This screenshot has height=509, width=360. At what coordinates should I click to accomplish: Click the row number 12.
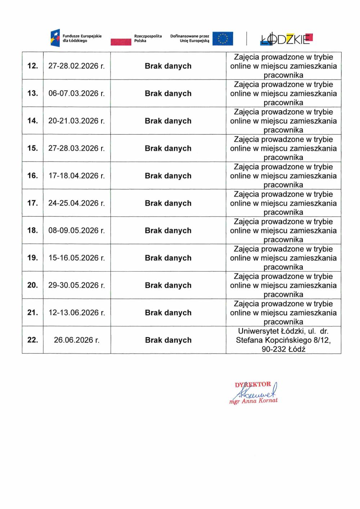(32, 66)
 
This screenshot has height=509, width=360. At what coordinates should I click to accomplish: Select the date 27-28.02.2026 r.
(76, 66)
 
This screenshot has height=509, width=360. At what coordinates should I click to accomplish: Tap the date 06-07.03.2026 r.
(76, 94)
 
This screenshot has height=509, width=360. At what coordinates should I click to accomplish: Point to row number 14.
(32, 121)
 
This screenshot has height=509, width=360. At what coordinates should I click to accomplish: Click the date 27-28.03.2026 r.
(76, 148)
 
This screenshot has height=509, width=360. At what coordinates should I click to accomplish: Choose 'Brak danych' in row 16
(168, 176)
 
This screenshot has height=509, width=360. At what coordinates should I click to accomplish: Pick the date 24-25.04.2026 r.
(76, 203)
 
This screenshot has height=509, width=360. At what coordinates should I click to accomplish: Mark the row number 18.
(32, 231)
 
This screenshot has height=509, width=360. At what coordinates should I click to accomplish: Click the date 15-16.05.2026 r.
(76, 258)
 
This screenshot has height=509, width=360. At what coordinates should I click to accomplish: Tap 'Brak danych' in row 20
(168, 285)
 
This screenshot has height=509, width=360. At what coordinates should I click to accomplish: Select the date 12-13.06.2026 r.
(76, 313)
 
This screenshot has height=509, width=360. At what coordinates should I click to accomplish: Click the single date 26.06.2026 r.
(76, 340)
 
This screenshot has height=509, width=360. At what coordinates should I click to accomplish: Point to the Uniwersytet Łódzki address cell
(283, 340)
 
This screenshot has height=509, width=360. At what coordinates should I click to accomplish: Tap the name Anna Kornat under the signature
(260, 401)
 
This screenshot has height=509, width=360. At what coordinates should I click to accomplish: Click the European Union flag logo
(222, 38)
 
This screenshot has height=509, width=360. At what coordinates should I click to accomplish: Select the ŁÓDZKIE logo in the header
(286, 39)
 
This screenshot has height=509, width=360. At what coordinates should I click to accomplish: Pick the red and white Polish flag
(121, 41)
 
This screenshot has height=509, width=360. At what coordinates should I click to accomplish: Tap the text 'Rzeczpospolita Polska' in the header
(148, 38)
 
